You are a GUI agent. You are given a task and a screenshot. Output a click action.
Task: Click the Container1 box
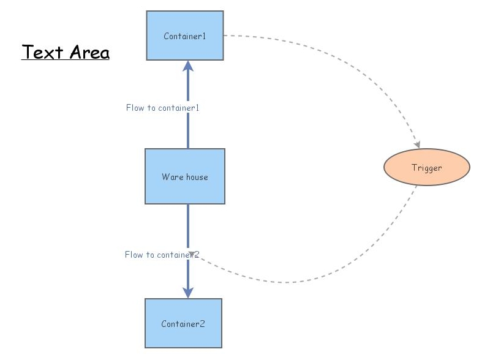(x=185, y=36)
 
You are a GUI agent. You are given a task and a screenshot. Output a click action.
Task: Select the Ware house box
(x=185, y=176)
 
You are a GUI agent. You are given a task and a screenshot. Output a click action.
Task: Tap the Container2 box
(x=183, y=323)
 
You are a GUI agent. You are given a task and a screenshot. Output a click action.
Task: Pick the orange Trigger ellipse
(x=427, y=167)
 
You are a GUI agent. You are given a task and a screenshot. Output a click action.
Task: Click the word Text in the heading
(x=42, y=52)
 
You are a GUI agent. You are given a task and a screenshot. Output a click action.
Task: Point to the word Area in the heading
(x=89, y=52)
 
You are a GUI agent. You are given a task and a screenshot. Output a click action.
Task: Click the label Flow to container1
(x=162, y=108)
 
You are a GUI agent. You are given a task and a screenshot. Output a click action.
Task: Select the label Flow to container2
(x=162, y=255)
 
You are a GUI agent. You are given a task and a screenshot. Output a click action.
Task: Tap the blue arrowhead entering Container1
(x=188, y=66)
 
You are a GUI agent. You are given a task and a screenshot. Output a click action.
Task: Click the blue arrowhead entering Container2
(x=188, y=293)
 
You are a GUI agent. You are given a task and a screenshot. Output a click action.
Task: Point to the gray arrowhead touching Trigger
(x=417, y=144)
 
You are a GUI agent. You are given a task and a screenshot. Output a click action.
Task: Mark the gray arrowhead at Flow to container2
(x=192, y=254)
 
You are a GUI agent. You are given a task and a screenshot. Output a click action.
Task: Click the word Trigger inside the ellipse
(x=427, y=168)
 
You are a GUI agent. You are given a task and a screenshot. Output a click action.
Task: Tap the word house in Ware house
(x=197, y=177)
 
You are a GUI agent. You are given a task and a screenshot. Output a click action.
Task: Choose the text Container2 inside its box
(x=183, y=324)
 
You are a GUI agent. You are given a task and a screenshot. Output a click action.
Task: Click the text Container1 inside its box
(x=185, y=36)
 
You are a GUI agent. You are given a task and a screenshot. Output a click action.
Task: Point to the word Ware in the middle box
(x=173, y=177)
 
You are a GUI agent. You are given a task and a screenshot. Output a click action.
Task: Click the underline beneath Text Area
(x=66, y=59)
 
